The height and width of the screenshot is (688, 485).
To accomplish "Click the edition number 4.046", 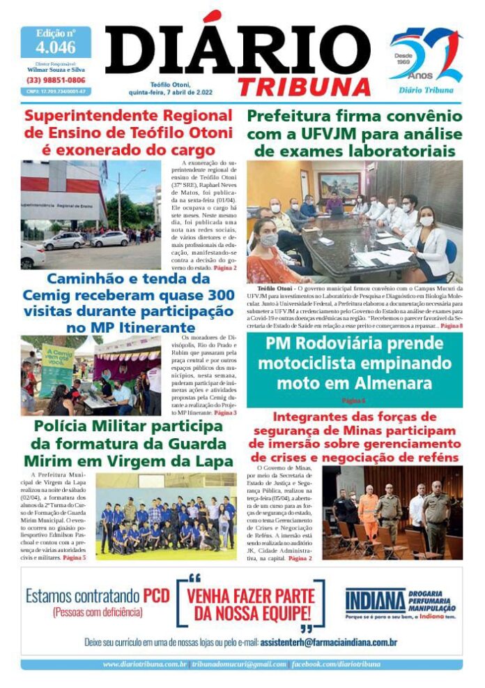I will pos(55,47).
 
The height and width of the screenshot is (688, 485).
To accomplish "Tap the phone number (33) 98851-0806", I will pos(55,80).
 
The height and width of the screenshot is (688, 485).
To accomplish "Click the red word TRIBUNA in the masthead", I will pos(304,86).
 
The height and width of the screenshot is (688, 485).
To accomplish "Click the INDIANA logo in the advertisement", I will pos(375,599).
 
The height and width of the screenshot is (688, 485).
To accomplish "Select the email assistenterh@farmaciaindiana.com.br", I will pos(328,641).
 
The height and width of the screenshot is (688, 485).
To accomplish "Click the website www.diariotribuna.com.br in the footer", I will pos(145,664).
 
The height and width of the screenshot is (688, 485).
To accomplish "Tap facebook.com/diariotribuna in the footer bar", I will pos(336,664).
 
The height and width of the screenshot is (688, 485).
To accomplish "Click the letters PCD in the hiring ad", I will pos(157,597).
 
